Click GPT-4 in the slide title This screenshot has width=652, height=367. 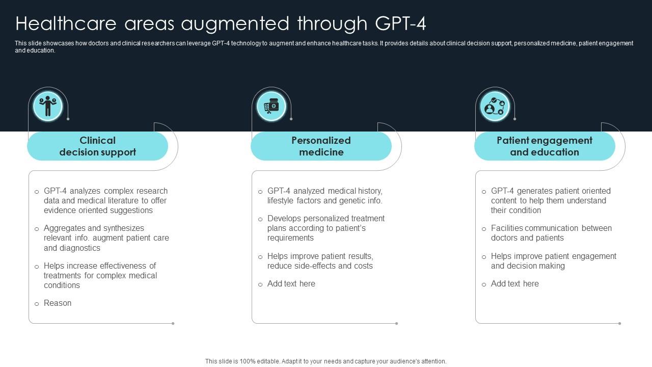(400, 24)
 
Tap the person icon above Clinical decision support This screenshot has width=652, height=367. (48, 106)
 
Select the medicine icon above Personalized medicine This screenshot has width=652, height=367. (271, 106)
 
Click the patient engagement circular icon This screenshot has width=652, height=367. (495, 106)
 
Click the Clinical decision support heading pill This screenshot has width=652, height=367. (97, 146)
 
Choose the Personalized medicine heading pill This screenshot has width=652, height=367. (321, 146)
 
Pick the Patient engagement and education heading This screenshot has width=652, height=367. (545, 146)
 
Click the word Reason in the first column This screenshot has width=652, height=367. (58, 303)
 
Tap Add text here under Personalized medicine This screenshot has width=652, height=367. (291, 284)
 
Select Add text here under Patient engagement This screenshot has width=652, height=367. (515, 284)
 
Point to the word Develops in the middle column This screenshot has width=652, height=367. (283, 219)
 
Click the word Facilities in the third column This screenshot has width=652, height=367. (506, 228)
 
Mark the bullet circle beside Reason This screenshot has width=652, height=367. (37, 304)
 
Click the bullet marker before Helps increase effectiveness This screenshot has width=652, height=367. (37, 267)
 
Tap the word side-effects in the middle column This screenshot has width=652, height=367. (321, 266)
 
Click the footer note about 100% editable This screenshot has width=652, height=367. (326, 361)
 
